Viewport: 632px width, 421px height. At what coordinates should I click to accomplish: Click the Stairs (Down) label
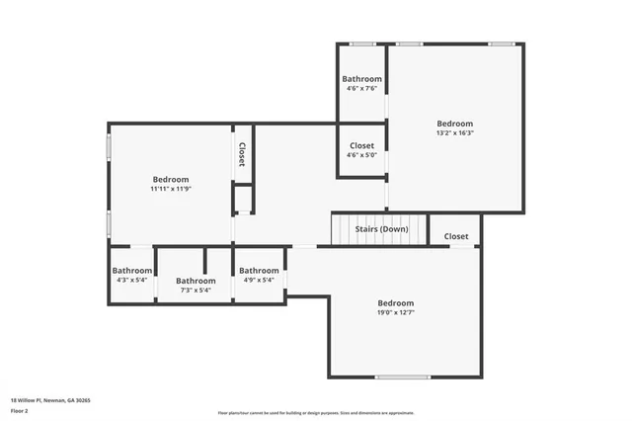(381, 229)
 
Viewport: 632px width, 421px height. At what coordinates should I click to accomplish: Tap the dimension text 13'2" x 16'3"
(455, 133)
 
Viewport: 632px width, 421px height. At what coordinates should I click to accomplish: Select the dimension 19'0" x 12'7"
(395, 313)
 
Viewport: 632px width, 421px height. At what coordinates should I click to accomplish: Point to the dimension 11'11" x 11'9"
(170, 189)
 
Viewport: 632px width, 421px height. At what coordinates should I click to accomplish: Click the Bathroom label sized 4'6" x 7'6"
(361, 79)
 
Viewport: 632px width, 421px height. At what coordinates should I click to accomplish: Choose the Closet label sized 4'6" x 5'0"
(361, 145)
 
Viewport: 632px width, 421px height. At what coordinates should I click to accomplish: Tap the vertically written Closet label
(242, 155)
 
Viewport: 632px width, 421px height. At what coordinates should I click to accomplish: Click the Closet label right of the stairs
(456, 236)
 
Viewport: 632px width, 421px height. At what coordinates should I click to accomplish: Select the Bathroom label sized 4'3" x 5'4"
(131, 271)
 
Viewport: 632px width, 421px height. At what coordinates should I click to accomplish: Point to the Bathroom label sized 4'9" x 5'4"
(259, 271)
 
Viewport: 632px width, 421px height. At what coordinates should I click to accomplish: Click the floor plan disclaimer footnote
(315, 413)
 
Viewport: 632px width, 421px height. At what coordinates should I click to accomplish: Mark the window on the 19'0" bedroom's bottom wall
(403, 377)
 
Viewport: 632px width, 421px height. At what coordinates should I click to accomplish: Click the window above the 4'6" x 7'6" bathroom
(361, 43)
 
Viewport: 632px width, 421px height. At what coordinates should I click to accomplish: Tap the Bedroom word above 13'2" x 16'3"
(455, 124)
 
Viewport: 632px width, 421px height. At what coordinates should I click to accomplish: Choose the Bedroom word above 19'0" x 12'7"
(395, 303)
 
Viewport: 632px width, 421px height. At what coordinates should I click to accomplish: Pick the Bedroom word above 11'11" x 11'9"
(170, 179)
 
